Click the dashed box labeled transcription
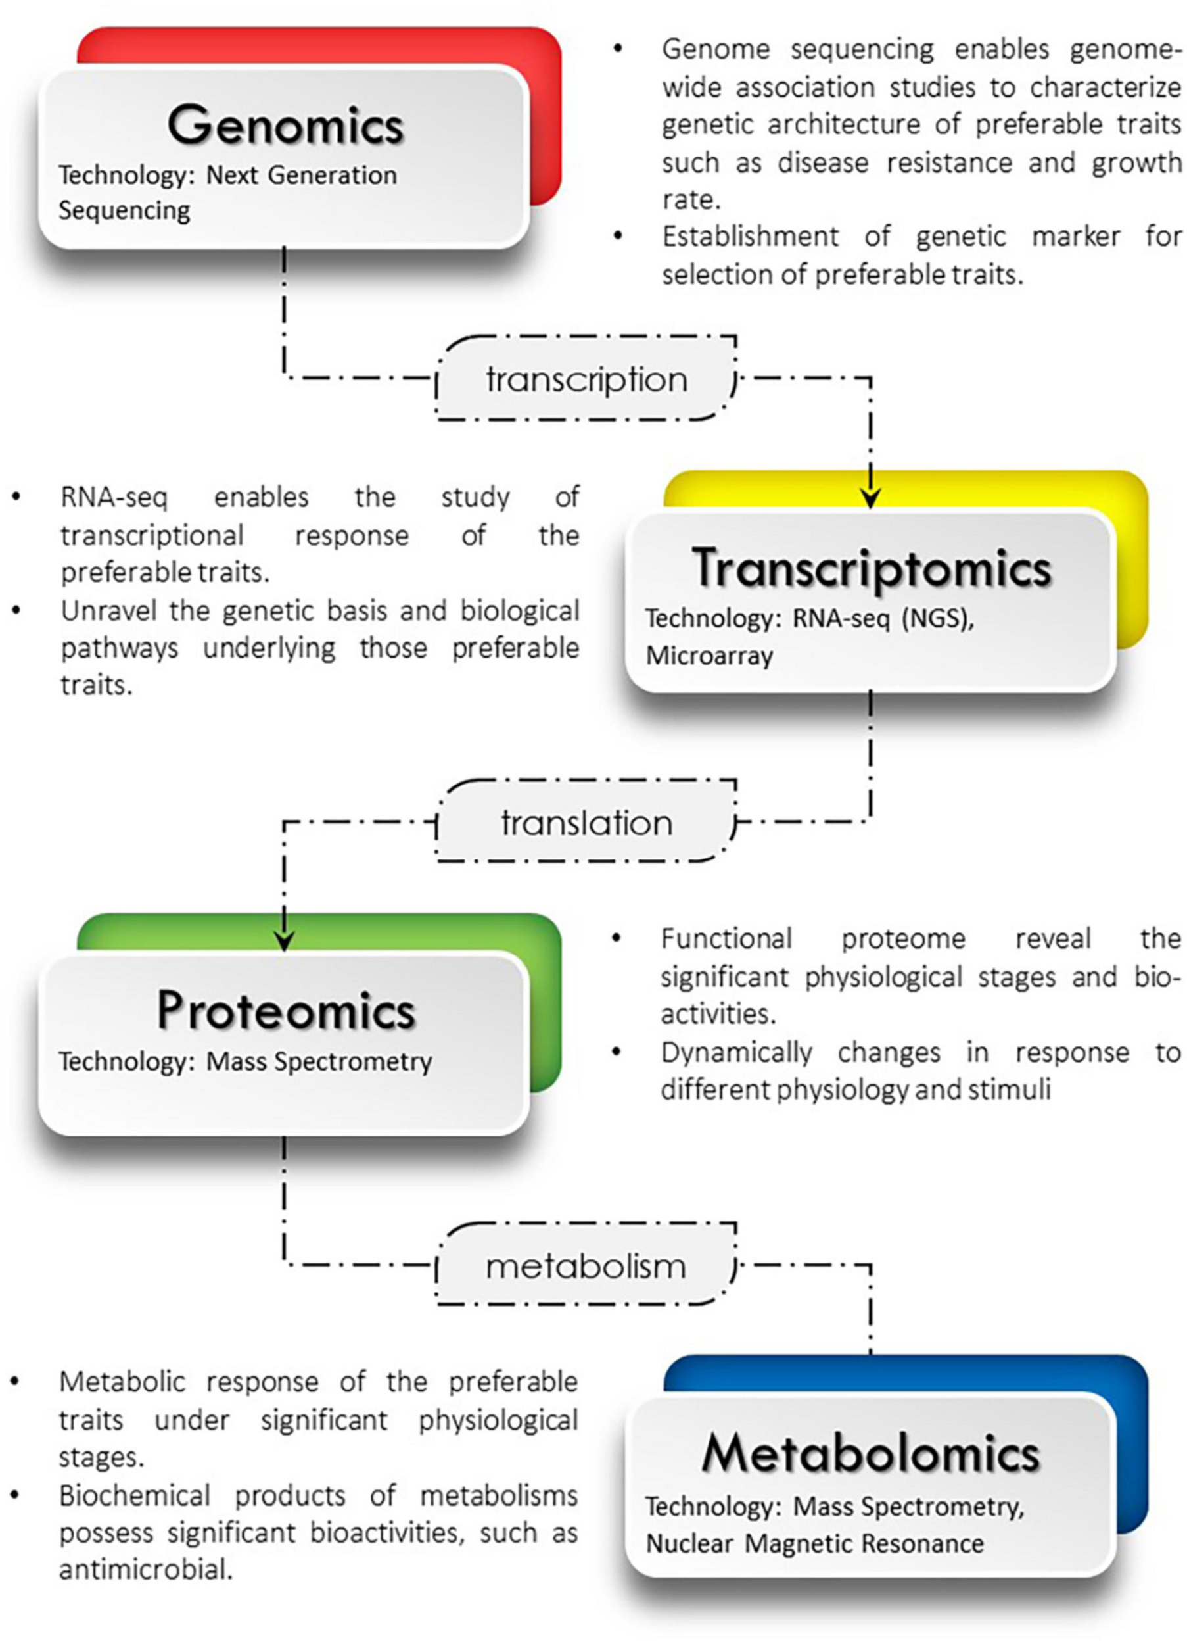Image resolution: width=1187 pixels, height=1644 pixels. click(586, 379)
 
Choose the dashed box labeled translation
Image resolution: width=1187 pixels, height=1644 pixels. click(586, 823)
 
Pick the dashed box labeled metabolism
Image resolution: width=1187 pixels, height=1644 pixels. click(586, 1267)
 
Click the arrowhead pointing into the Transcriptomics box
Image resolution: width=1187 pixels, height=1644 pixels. click(870, 498)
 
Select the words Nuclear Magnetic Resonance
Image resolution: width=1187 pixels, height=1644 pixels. click(814, 1543)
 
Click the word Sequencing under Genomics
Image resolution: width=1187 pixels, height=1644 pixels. click(124, 211)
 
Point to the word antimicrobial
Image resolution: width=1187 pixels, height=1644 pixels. click(146, 1571)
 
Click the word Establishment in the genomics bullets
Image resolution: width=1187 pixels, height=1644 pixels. click(750, 237)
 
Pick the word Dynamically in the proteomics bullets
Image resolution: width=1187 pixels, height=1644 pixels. click(736, 1053)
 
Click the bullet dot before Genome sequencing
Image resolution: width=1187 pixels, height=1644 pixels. click(617, 49)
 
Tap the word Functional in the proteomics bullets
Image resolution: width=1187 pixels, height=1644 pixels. click(726, 940)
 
